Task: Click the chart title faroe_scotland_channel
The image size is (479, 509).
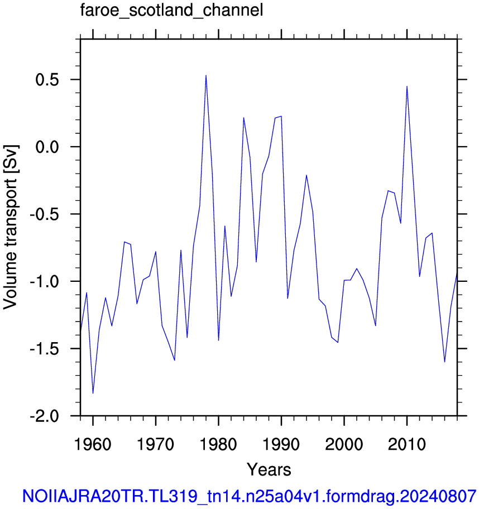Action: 171,11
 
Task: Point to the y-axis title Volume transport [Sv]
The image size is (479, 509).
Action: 11,227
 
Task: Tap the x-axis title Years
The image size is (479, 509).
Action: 269,469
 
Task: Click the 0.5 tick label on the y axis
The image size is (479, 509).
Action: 47,79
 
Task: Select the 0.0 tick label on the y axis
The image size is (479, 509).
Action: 47,147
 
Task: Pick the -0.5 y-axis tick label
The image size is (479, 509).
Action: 44,214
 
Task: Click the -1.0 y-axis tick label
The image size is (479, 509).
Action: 44,281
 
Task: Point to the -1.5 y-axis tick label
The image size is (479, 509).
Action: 44,348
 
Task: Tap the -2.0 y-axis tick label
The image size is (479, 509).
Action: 44,416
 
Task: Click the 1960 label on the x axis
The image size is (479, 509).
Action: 93,444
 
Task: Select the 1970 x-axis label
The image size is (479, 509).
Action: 156,444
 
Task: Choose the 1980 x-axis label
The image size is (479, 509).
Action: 218,444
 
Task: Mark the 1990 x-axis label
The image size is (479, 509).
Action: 281,444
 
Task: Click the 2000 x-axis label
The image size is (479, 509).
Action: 344,444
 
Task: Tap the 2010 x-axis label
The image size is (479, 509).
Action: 406,444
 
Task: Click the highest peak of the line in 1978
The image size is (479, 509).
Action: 206,76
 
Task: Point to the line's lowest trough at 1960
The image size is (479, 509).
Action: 93,393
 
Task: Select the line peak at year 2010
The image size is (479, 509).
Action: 407,87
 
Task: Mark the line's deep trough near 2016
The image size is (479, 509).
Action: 444,362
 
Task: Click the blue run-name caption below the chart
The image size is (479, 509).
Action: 250,496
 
